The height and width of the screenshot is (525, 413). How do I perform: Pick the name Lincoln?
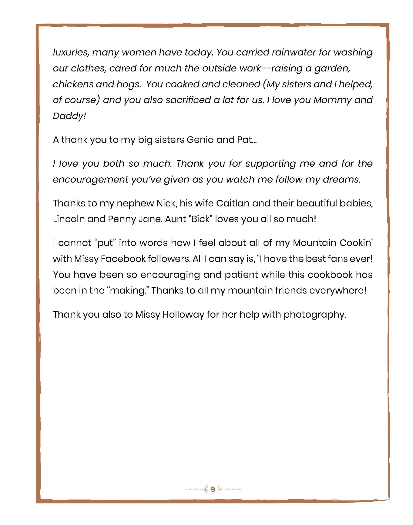tap(68, 219)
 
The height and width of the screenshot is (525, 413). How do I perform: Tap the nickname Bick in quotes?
tap(201, 219)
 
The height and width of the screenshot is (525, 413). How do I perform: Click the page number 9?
tap(213, 490)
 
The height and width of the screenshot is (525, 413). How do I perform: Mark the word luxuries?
tap(71, 53)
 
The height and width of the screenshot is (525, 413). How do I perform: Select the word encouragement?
tap(90, 180)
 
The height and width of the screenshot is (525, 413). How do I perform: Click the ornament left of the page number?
tap(205, 490)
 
